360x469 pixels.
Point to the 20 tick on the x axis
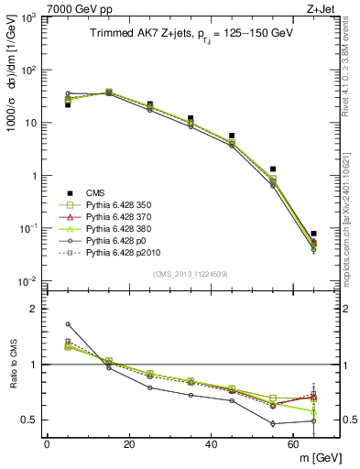pos(129,446)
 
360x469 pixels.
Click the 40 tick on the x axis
pos(212,446)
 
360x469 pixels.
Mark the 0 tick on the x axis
pos(48,446)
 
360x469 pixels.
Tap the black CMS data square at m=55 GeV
pos(273,169)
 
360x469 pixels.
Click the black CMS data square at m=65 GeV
pos(313,234)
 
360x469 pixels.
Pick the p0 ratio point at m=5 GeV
pos(68,323)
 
